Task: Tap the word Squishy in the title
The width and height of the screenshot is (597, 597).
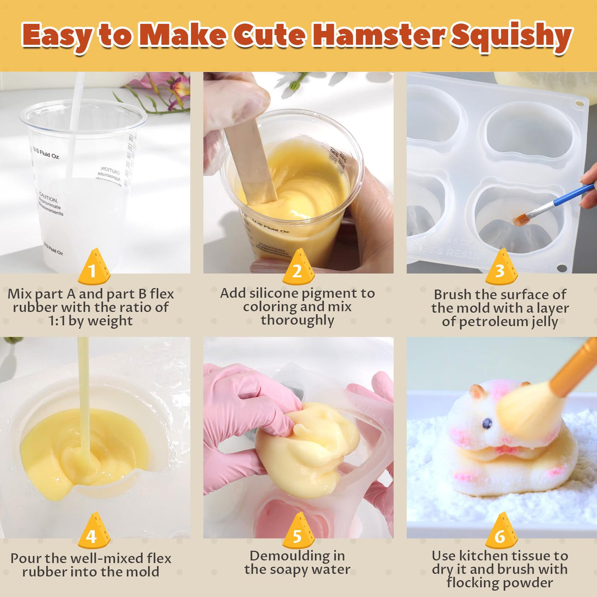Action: tap(511, 36)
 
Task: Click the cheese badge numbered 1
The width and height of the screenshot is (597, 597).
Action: tap(93, 268)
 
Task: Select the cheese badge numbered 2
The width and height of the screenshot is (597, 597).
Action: tap(298, 268)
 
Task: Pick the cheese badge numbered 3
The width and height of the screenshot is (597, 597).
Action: tap(501, 268)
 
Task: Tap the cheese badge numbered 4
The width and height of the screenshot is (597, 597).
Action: tap(93, 532)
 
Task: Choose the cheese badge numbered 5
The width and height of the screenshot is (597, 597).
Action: tap(298, 532)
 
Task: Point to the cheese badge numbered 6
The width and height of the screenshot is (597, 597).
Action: tap(501, 532)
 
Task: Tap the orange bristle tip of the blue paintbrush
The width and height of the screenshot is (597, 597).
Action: tap(520, 219)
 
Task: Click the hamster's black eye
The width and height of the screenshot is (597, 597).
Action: tap(487, 423)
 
